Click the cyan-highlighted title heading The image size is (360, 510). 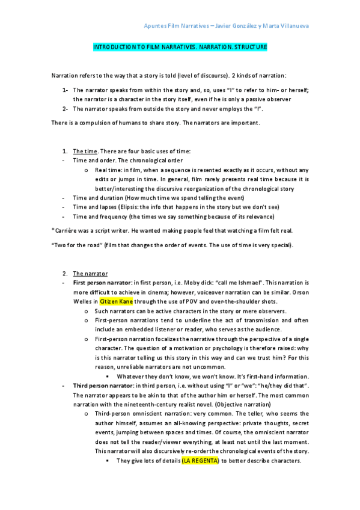180,46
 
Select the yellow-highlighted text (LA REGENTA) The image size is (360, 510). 199,461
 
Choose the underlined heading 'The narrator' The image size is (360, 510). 90,273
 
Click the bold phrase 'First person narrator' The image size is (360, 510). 100,282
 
